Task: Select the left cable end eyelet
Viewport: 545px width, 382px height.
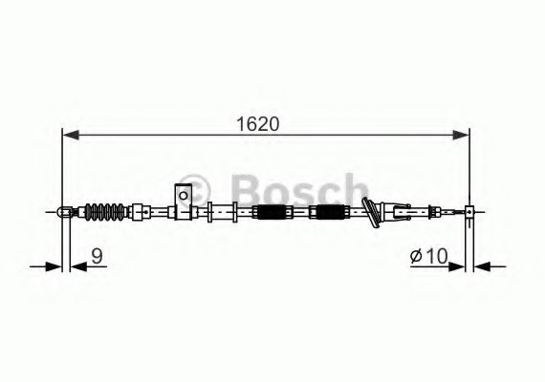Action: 64,211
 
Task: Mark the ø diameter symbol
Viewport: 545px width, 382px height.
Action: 417,256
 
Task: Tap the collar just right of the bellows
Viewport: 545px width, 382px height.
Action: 140,211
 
